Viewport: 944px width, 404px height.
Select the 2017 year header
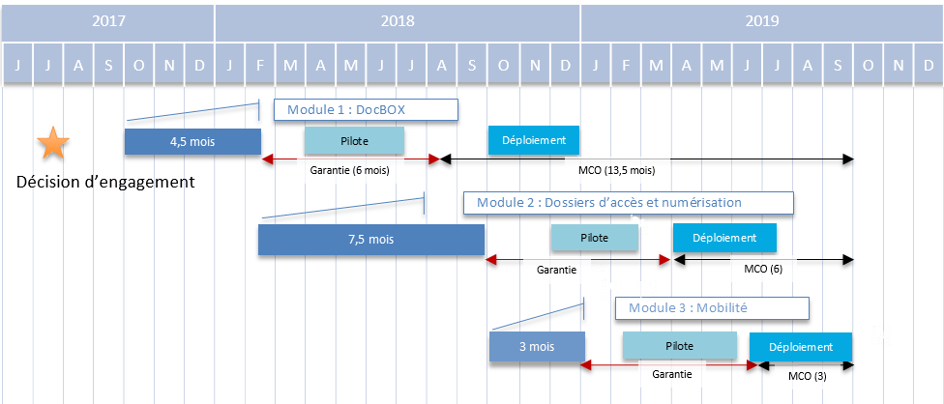pyautogui.click(x=108, y=20)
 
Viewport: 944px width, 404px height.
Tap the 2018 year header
pyautogui.click(x=398, y=20)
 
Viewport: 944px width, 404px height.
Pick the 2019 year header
pyautogui.click(x=761, y=20)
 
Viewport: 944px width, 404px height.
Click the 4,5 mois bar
pyautogui.click(x=192, y=141)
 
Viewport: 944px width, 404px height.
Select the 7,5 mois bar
pyautogui.click(x=370, y=239)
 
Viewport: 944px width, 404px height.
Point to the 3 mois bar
pyautogui.click(x=537, y=346)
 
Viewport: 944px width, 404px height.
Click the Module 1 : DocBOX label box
pyautogui.click(x=365, y=109)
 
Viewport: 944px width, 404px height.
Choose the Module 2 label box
pyautogui.click(x=629, y=202)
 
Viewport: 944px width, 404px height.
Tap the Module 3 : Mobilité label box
pyautogui.click(x=712, y=308)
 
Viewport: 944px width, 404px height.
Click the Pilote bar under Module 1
pyautogui.click(x=354, y=140)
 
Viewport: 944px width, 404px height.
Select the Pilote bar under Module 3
pyautogui.click(x=679, y=345)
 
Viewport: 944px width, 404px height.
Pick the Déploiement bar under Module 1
pyautogui.click(x=534, y=140)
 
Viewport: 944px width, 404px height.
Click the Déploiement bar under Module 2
pyautogui.click(x=724, y=238)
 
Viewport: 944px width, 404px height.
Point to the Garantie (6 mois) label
pyautogui.click(x=349, y=170)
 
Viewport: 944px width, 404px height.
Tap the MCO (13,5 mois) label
pyautogui.click(x=616, y=170)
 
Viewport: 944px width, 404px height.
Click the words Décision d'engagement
pyautogui.click(x=106, y=182)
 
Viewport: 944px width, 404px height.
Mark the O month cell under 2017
pyautogui.click(x=138, y=65)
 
